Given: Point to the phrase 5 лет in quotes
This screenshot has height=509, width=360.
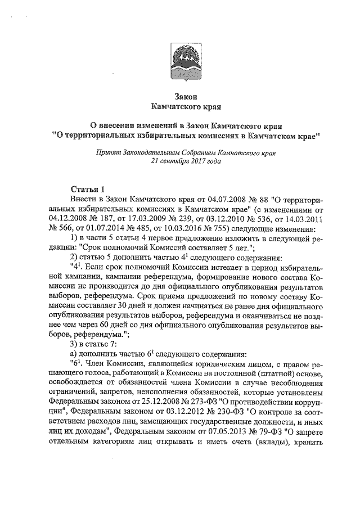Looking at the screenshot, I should click(241, 250).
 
